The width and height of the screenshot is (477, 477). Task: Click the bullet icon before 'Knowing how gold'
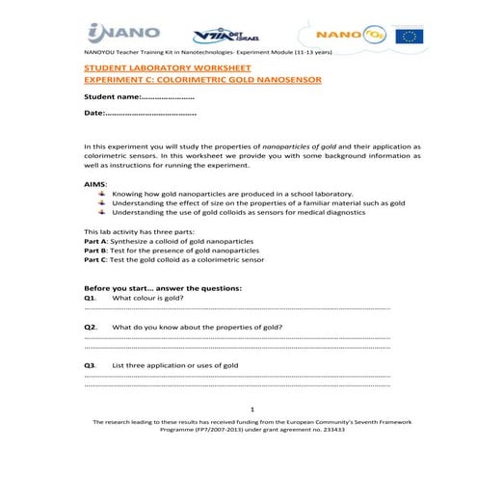pyautogui.click(x=103, y=193)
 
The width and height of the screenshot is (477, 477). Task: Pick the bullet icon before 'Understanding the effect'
pyautogui.click(x=103, y=203)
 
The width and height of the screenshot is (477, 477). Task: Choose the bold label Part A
pyautogui.click(x=97, y=239)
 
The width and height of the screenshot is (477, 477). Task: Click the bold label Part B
pyautogui.click(x=97, y=250)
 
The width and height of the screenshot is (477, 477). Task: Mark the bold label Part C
pyautogui.click(x=97, y=259)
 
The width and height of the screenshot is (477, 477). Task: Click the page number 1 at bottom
pyautogui.click(x=251, y=409)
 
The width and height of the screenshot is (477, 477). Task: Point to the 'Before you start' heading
pyautogui.click(x=163, y=288)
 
